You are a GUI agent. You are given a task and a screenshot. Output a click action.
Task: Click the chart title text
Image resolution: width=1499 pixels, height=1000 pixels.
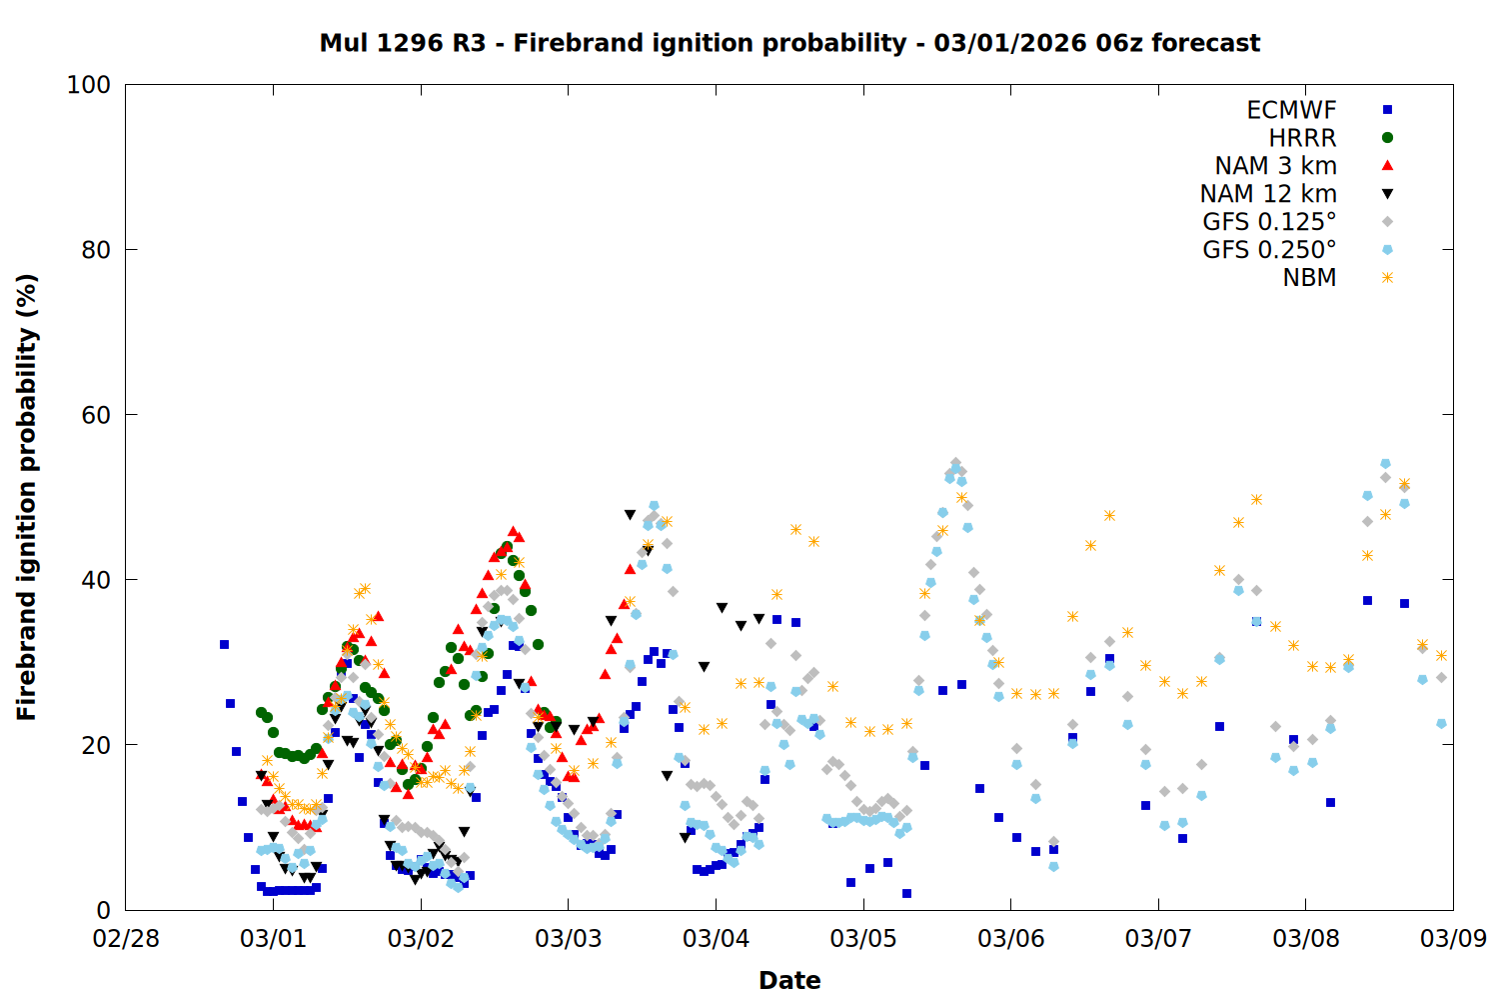click(x=789, y=43)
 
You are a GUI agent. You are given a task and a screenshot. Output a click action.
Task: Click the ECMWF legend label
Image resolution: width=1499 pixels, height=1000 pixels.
click(x=1291, y=110)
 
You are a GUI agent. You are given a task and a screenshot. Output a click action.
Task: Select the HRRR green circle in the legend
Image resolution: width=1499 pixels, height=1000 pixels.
click(x=1387, y=138)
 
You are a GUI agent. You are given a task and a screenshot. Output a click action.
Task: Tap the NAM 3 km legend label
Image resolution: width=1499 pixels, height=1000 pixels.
click(x=1275, y=166)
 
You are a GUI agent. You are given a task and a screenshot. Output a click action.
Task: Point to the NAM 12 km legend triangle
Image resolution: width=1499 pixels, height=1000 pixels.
click(x=1387, y=194)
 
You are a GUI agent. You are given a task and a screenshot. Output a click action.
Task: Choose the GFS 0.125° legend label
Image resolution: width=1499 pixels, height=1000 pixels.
click(x=1269, y=222)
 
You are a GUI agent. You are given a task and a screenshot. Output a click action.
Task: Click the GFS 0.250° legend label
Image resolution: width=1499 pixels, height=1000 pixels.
click(x=1269, y=250)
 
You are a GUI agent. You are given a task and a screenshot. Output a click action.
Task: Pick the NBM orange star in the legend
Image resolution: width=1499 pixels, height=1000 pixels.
click(x=1387, y=278)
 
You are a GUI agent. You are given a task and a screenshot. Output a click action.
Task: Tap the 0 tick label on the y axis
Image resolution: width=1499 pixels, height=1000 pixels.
click(x=103, y=910)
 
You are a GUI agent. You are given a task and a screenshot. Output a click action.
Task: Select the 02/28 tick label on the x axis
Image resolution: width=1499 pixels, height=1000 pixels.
click(x=125, y=939)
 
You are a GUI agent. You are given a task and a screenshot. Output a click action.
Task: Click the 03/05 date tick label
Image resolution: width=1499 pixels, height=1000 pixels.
click(x=862, y=939)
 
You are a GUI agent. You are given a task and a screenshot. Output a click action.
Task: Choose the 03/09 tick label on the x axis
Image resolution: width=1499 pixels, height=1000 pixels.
click(x=1453, y=939)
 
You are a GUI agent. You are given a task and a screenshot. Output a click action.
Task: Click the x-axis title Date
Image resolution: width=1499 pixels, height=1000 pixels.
click(x=789, y=980)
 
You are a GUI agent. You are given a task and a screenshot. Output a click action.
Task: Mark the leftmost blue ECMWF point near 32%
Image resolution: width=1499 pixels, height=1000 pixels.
click(x=224, y=644)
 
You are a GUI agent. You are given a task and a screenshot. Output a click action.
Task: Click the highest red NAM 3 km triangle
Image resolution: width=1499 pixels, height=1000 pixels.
click(x=513, y=531)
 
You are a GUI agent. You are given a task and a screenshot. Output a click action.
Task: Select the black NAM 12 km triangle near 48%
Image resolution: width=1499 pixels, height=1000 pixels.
click(x=630, y=515)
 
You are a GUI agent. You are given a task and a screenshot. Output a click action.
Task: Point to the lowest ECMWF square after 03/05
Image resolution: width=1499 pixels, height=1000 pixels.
click(x=906, y=893)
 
